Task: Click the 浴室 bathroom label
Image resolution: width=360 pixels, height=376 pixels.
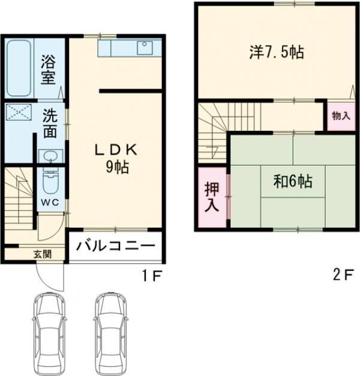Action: tap(49, 69)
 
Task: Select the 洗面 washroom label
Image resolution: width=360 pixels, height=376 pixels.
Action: tap(50, 123)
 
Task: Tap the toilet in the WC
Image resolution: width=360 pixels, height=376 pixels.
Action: tap(50, 181)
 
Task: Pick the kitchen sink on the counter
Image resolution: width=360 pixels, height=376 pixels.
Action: tap(146, 47)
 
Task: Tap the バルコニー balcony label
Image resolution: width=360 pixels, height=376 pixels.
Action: tap(116, 246)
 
